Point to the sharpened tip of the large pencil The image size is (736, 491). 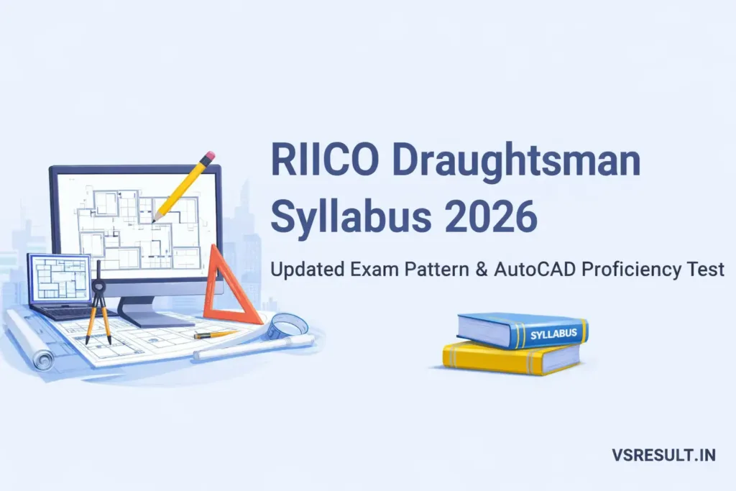pyautogui.click(x=155, y=219)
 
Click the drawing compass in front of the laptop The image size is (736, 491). pyautogui.click(x=98, y=302)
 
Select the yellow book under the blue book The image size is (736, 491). pyautogui.click(x=510, y=358)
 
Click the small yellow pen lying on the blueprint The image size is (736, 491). pyautogui.click(x=214, y=334)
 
